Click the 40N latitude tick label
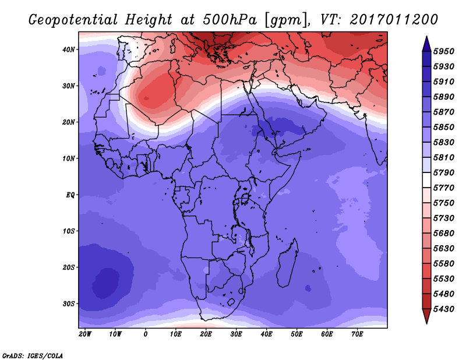pos(69,50)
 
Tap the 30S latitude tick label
pos(69,303)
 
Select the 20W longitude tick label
pos(85,334)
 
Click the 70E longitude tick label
pos(357,334)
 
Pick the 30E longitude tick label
pos(236,334)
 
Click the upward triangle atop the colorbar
pos(426,43)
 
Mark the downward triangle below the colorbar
pos(426,316)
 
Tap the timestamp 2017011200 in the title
pos(393,20)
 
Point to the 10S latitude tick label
pos(69,231)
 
